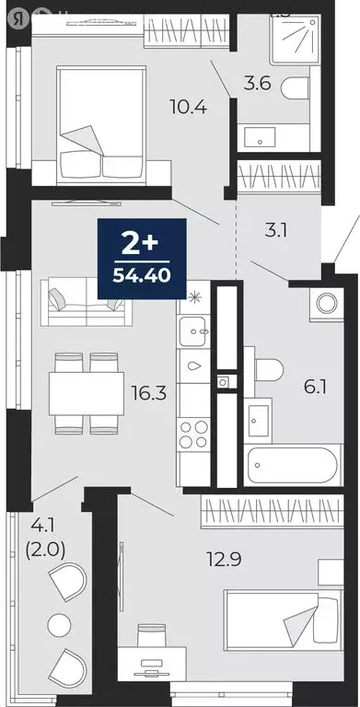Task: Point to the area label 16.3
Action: [x=148, y=394]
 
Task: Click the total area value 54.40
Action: [x=141, y=273]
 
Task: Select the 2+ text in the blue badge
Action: [x=141, y=244]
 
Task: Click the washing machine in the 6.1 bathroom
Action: [x=326, y=302]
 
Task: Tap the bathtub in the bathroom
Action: [x=282, y=465]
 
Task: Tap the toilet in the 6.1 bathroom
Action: [x=267, y=370]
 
